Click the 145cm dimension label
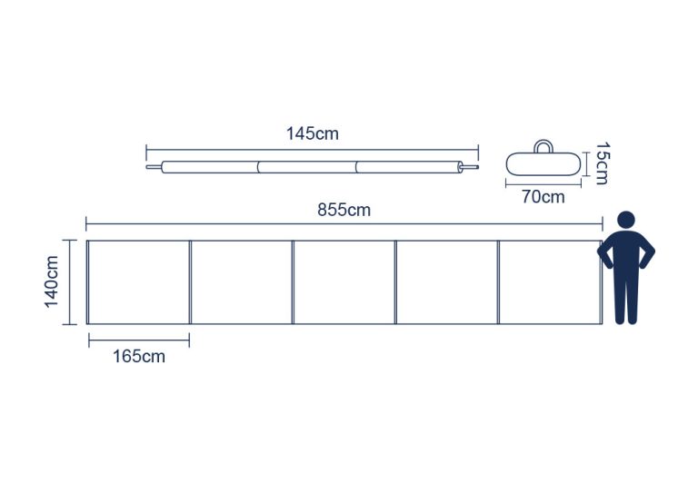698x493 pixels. pos(312,133)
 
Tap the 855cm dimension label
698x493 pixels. pos(344,210)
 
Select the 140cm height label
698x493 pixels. pos(52,281)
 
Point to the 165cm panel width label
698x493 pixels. pos(138,357)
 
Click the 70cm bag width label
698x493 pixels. pos(543,196)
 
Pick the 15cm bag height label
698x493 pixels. pos(602,163)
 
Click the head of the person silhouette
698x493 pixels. pos(626,220)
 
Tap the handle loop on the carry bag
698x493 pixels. pos(543,146)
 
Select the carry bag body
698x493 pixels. pos(543,164)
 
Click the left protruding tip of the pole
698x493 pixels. pos(146,167)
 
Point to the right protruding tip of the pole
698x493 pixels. pos(477,167)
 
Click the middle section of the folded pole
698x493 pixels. pos(306,167)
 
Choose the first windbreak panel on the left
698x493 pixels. pos(138,282)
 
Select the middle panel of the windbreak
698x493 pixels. pos(344,282)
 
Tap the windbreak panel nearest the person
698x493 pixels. pos(550,282)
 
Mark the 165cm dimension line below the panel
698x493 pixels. pos(139,340)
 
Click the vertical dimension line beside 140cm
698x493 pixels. pos(69,282)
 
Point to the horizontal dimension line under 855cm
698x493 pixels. pos(344,224)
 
